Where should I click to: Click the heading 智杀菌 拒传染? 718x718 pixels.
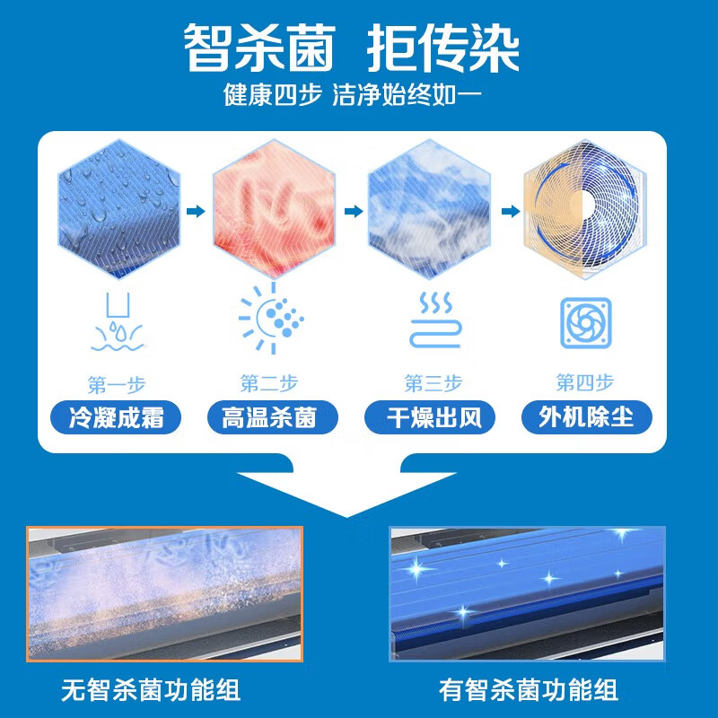(x=352, y=47)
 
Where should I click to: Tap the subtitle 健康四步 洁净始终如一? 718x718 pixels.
(x=352, y=95)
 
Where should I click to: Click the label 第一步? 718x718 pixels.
(x=118, y=385)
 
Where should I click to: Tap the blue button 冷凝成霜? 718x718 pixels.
(x=118, y=417)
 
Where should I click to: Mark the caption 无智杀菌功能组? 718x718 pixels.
(x=151, y=691)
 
